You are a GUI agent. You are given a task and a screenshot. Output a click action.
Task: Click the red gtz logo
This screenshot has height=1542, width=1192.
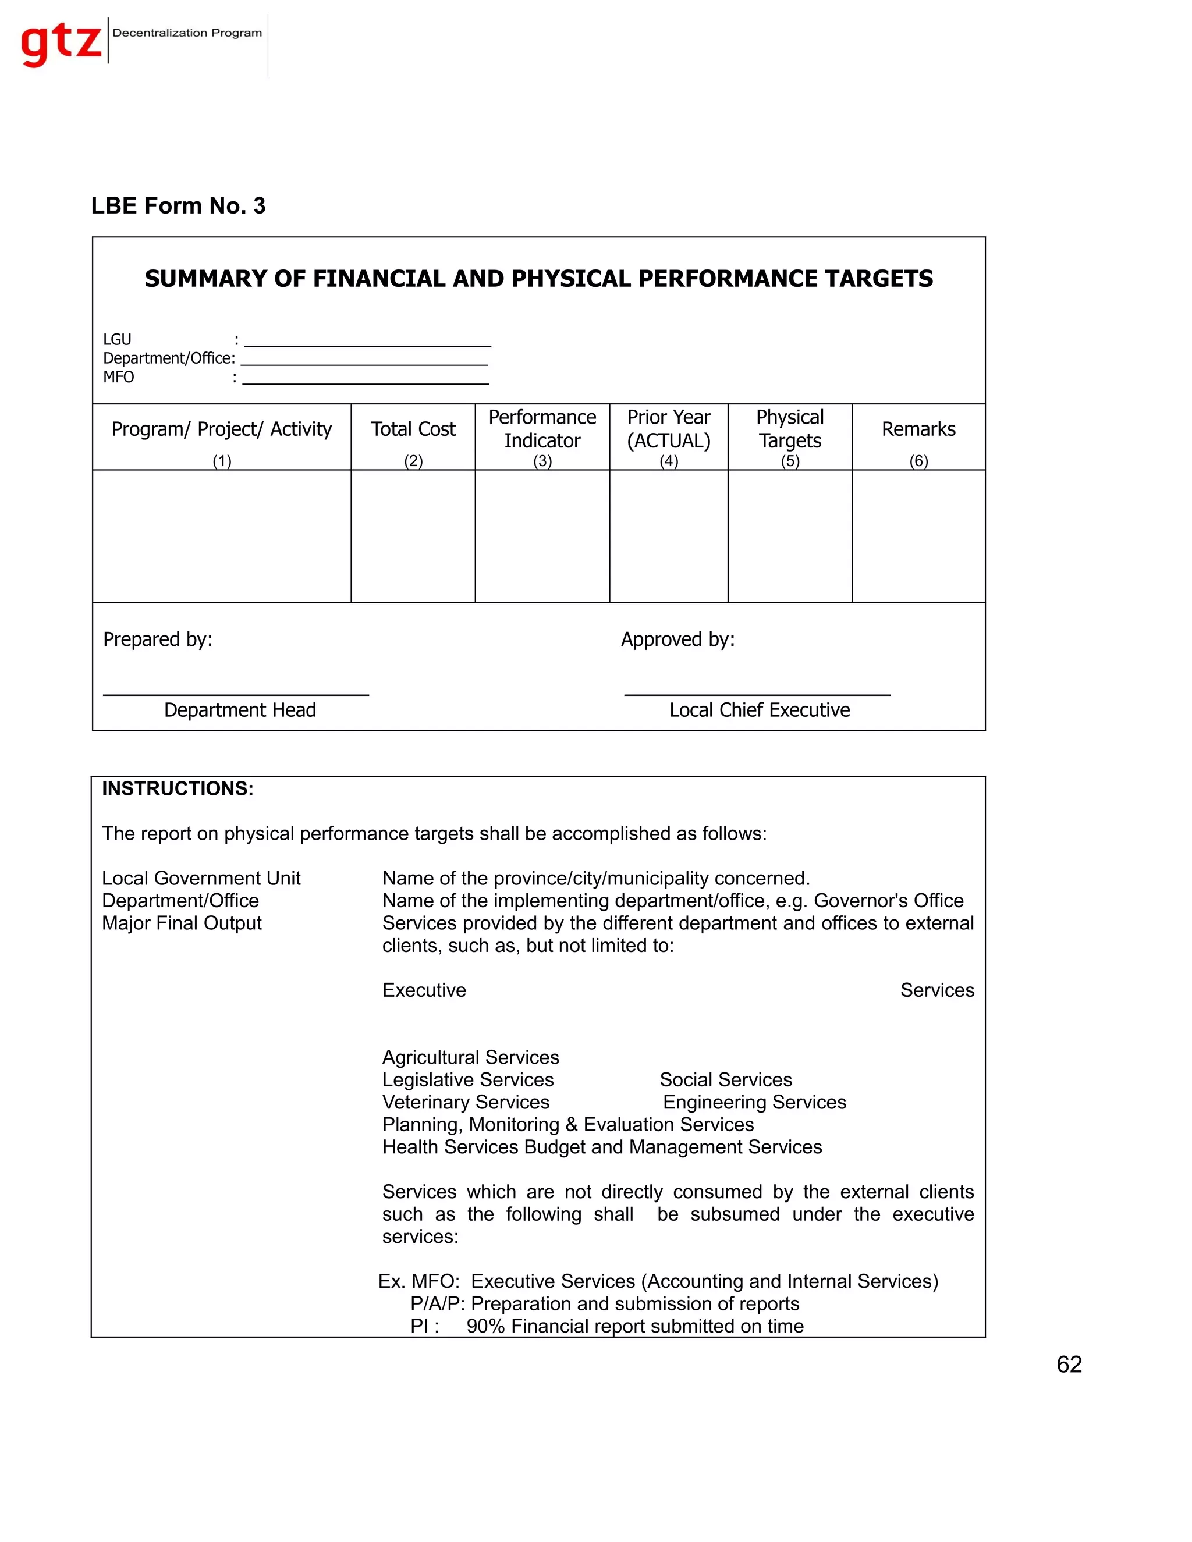pos(62,42)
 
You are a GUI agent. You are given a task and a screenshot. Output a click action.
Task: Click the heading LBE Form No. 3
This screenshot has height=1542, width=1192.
pos(178,205)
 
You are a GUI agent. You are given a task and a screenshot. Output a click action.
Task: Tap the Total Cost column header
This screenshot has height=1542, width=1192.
pos(413,429)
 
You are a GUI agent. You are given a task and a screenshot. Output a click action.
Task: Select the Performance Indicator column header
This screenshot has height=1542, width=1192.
pos(542,429)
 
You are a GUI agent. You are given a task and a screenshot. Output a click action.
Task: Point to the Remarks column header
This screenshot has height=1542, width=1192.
pos(918,429)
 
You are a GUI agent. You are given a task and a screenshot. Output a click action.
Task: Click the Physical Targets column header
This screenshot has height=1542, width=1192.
pos(789,429)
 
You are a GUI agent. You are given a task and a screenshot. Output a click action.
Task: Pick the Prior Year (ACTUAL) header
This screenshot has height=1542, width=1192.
pos(668,429)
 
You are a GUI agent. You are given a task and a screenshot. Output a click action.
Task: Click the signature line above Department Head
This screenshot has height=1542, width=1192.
pos(236,694)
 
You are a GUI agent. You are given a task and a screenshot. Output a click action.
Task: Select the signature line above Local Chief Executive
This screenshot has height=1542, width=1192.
pos(757,694)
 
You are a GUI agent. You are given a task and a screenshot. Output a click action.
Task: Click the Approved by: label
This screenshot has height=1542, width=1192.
pos(677,639)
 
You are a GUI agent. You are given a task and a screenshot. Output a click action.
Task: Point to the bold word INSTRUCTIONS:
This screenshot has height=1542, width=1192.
pos(178,788)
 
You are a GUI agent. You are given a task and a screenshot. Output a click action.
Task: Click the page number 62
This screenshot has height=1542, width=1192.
pos(1069,1365)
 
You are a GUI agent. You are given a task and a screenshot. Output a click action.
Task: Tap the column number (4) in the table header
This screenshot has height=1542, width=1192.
pos(668,461)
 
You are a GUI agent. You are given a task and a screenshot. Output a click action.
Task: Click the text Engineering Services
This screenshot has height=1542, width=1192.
pos(754,1102)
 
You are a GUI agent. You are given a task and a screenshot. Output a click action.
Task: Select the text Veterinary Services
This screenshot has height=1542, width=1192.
pos(466,1102)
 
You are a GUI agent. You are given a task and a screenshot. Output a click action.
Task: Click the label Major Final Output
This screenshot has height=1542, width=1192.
pos(182,923)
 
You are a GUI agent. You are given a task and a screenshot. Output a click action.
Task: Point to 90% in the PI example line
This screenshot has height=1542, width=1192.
pos(485,1326)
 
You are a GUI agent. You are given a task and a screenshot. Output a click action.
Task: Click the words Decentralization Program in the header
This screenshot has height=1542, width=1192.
pos(187,33)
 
